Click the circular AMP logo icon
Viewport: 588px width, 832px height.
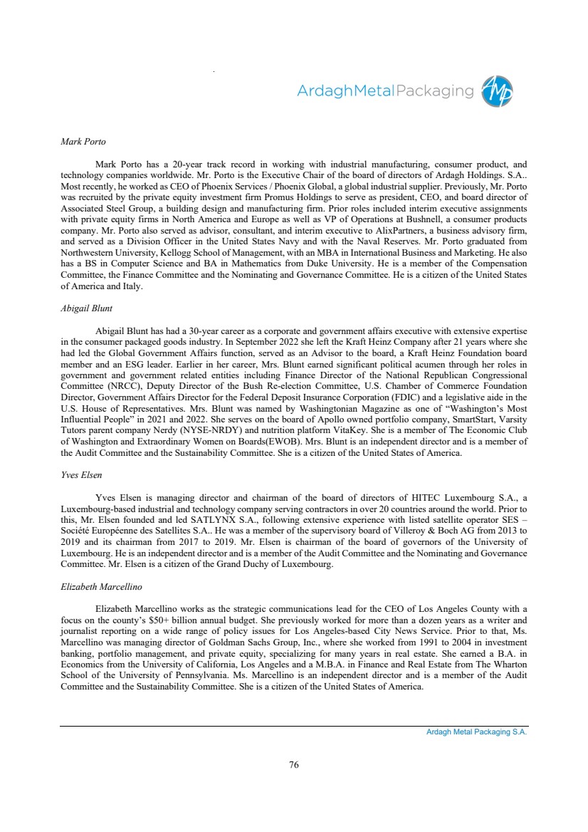coord(497,91)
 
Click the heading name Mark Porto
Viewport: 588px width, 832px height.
coord(83,141)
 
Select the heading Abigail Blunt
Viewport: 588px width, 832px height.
coord(87,308)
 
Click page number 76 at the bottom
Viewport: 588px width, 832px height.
coord(294,764)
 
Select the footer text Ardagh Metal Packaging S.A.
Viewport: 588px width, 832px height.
coord(471,732)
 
